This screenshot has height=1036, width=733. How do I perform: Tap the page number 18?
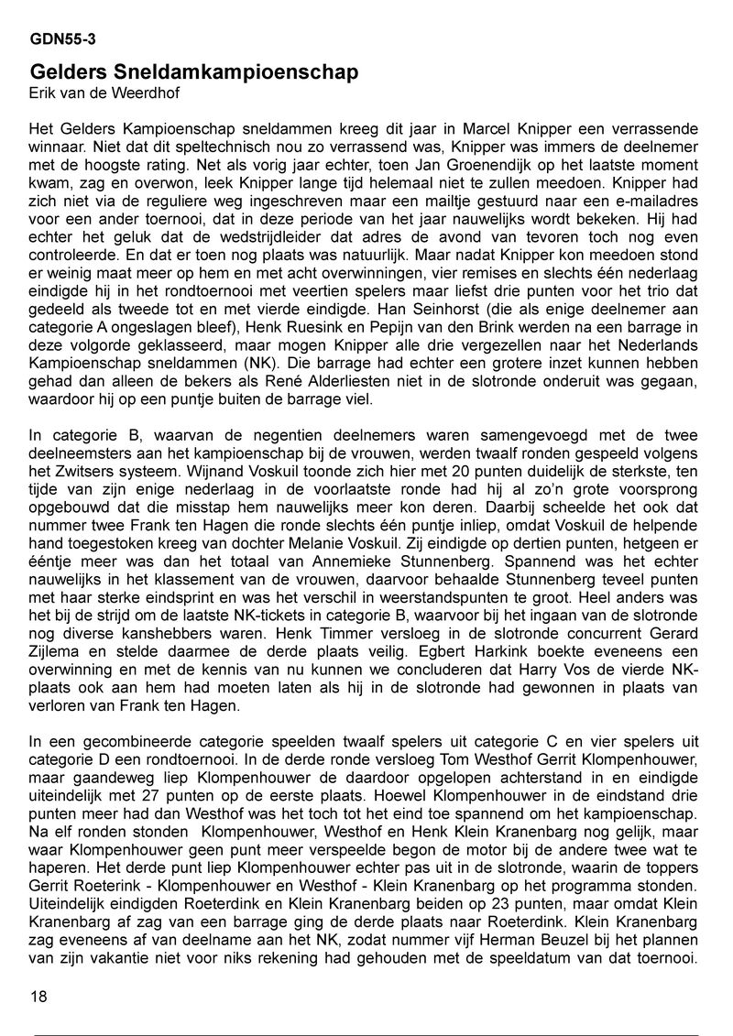38,997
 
